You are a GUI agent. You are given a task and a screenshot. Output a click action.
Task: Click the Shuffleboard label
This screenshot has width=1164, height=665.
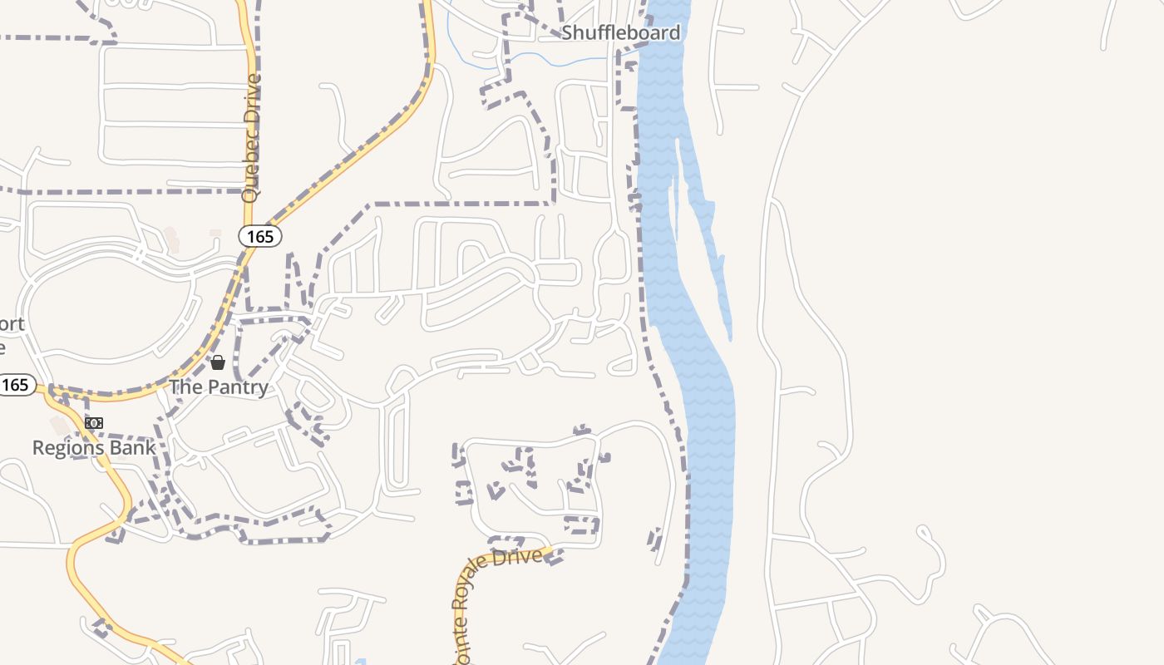click(x=620, y=32)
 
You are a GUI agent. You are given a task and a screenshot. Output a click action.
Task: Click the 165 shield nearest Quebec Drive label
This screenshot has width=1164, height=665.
click(x=260, y=236)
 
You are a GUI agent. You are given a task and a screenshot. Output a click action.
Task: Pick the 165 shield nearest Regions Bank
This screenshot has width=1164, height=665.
click(x=16, y=385)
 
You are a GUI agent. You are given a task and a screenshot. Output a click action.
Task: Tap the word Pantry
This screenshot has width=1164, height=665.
click(x=238, y=387)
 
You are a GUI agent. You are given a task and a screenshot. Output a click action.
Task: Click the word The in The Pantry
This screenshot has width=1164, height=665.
click(x=186, y=387)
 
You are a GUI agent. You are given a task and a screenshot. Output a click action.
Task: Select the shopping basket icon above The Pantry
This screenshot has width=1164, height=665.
click(x=218, y=362)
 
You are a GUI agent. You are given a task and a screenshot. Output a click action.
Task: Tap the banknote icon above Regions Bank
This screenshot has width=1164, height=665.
click(x=94, y=423)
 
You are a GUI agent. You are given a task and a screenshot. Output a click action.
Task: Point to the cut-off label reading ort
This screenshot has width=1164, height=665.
click(x=12, y=324)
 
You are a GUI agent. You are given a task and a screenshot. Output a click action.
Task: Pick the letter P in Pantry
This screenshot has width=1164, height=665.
click(x=214, y=387)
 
